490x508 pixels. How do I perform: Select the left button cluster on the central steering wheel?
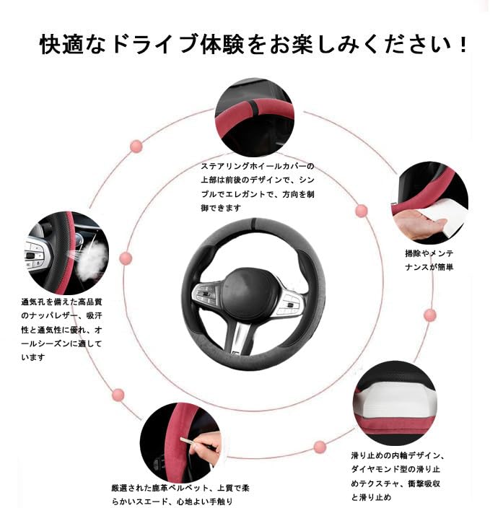tap(207, 295)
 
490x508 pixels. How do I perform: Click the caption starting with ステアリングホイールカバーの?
tap(258, 187)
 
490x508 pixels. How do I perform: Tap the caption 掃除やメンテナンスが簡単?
tap(429, 260)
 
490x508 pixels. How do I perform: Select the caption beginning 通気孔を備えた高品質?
tap(62, 329)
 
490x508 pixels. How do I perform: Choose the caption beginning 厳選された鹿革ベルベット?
tap(180, 495)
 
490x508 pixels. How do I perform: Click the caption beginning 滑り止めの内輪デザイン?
tap(401, 476)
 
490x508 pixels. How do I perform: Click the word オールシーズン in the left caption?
tap(53, 343)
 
